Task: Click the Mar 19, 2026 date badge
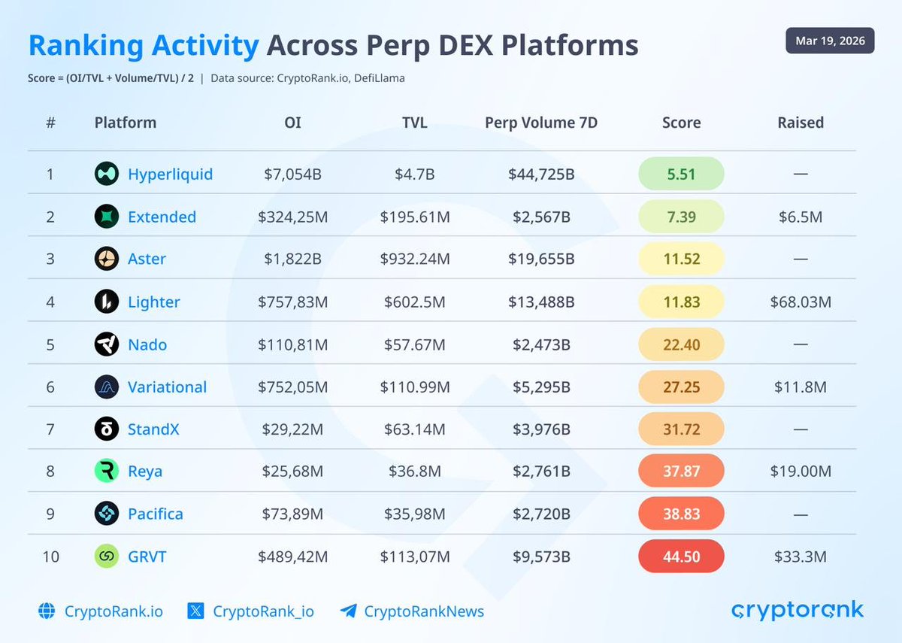[x=830, y=41]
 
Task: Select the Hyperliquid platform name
[x=170, y=174]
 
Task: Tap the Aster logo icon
[x=107, y=259]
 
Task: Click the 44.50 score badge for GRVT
[x=681, y=557]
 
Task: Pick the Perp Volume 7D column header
[x=541, y=123]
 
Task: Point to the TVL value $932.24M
[x=415, y=259]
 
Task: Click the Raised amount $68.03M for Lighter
[x=801, y=302]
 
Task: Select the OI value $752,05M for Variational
[x=292, y=387]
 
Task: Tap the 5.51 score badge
[x=681, y=174]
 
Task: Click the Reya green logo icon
[x=107, y=472]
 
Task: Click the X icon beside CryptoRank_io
[x=196, y=611]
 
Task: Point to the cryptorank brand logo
[x=798, y=610]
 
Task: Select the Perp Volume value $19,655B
[x=541, y=259]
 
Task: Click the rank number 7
[x=50, y=429]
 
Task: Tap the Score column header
[x=681, y=123]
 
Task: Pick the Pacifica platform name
[x=155, y=514]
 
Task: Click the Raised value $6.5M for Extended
[x=801, y=217]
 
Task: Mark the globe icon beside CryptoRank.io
[x=47, y=611]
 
